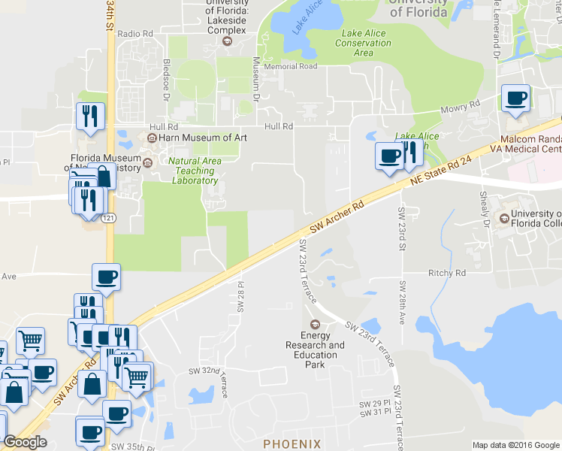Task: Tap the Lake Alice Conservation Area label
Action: (x=366, y=43)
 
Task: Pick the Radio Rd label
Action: (x=135, y=34)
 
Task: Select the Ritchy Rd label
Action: (x=446, y=273)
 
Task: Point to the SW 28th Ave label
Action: (x=402, y=302)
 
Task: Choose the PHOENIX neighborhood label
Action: (x=292, y=443)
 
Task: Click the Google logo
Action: (x=25, y=442)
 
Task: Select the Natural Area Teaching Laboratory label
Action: (x=195, y=171)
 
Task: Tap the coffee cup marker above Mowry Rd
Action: (x=515, y=98)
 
